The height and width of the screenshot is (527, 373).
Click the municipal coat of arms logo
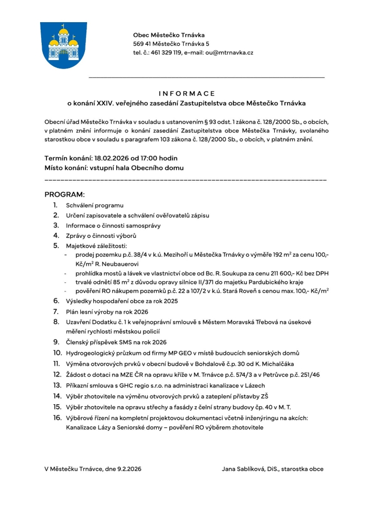(64, 45)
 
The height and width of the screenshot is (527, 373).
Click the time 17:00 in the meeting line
(152, 159)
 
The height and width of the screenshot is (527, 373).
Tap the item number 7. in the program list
(55, 311)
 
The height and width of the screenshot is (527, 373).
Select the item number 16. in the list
(57, 418)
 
